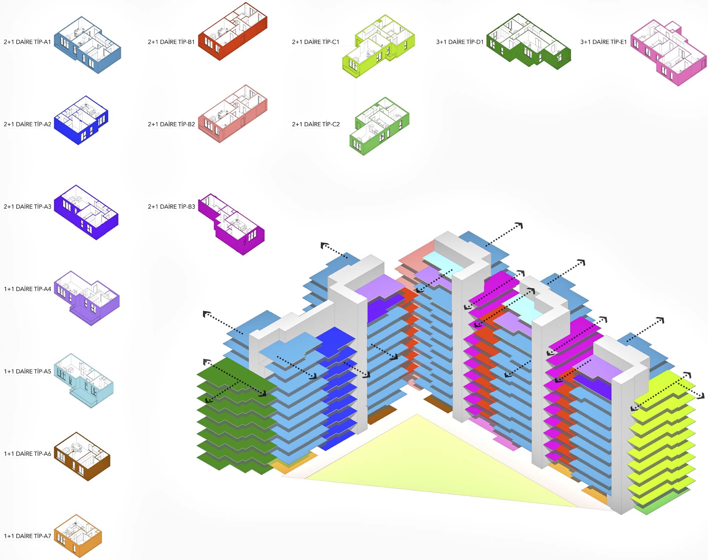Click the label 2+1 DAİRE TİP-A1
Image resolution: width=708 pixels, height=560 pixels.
click(x=27, y=42)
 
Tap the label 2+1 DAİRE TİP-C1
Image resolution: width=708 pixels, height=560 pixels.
click(x=315, y=42)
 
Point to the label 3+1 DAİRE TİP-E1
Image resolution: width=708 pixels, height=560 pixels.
click(x=604, y=42)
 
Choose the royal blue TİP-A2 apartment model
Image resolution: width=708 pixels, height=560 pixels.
click(x=81, y=120)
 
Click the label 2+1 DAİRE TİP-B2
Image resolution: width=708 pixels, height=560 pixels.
click(x=171, y=124)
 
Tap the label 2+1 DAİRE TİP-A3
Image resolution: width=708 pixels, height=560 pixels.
click(x=27, y=206)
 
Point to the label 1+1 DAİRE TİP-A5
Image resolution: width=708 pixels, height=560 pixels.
click(x=27, y=371)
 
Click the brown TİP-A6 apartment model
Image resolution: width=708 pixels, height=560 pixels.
click(x=82, y=457)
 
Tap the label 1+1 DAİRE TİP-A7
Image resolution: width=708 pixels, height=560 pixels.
click(x=27, y=536)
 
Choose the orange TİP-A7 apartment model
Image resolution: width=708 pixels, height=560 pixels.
click(x=78, y=537)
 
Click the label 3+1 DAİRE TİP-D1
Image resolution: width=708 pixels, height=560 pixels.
click(x=459, y=42)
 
